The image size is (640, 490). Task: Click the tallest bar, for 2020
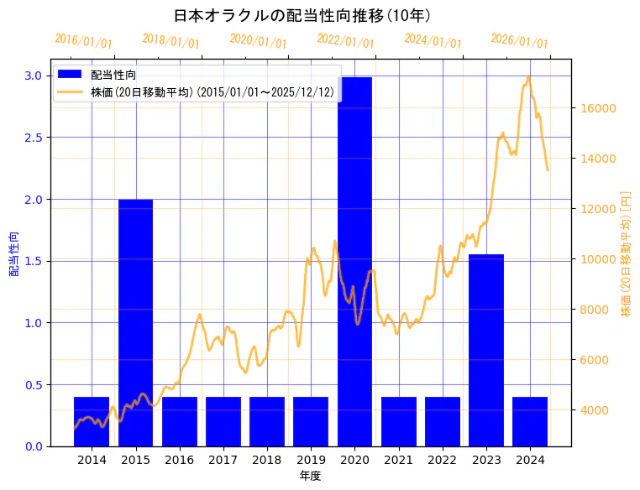click(x=354, y=261)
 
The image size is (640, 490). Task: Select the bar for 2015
click(x=135, y=322)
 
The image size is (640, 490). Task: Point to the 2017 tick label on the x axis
click(x=223, y=460)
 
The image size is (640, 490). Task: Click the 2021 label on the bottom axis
click(x=398, y=460)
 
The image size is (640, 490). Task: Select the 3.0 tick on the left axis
click(x=32, y=76)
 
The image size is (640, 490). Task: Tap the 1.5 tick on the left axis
click(x=32, y=261)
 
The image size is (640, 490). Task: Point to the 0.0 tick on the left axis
click(x=32, y=446)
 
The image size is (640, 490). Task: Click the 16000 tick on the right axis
click(x=595, y=108)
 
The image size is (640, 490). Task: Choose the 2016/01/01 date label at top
click(x=83, y=41)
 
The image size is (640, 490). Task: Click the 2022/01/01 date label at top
click(x=345, y=41)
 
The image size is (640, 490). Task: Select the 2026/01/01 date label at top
click(x=519, y=41)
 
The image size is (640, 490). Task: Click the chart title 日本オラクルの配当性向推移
click(x=302, y=16)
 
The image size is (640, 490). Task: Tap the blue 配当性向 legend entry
click(x=113, y=76)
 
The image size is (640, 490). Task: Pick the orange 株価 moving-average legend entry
click(x=211, y=91)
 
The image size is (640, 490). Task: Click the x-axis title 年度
click(x=310, y=476)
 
